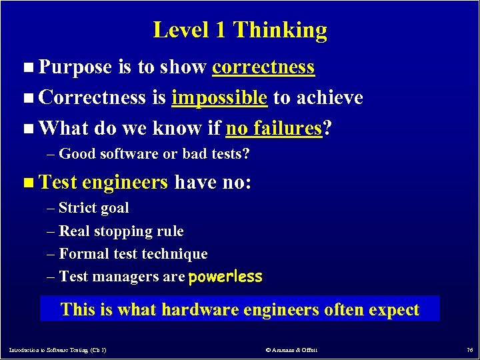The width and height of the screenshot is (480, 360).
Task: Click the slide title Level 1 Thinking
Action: [240, 30]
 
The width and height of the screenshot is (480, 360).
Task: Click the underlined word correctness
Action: [263, 67]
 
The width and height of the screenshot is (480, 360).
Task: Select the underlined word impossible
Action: [219, 98]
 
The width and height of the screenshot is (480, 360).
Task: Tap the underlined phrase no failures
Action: [274, 128]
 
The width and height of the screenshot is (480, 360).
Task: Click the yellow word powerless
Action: [225, 277]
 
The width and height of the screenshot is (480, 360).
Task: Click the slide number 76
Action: [469, 349]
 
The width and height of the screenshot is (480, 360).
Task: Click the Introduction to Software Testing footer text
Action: [58, 349]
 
